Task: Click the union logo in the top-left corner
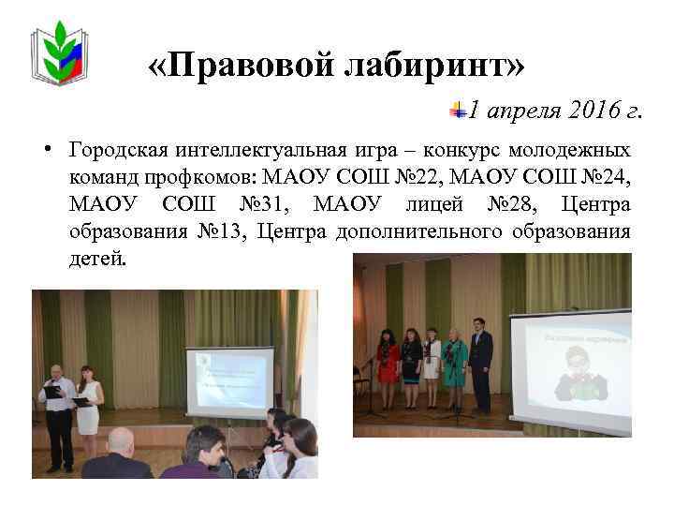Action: point(61,53)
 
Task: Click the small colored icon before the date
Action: point(459,110)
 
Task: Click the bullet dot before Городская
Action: point(45,151)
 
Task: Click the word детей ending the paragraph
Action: point(95,258)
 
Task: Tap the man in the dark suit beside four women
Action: point(480,361)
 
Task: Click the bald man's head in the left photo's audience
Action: point(118,439)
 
